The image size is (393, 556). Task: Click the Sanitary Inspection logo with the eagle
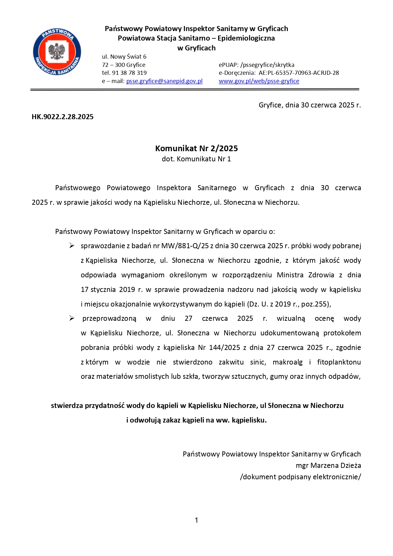coord(57,52)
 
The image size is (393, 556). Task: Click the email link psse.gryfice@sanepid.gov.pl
coord(164,81)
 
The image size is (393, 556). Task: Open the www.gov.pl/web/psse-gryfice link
coord(259,81)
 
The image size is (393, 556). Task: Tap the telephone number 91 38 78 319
coord(129,73)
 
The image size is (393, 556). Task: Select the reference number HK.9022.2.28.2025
coord(62,117)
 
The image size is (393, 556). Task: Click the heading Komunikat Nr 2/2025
coord(196,148)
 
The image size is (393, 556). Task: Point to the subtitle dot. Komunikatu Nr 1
coord(196,159)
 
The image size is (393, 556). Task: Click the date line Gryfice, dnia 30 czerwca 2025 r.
coord(309,105)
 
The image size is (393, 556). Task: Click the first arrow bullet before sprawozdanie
coord(72,246)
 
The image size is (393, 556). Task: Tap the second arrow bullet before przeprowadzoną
coord(72,318)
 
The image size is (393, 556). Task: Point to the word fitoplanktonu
coord(339,362)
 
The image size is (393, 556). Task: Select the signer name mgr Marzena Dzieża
coord(328,466)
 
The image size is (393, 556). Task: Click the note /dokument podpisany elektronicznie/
coord(300,477)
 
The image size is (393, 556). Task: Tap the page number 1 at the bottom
coord(196,520)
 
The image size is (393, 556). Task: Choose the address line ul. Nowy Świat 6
coord(124,57)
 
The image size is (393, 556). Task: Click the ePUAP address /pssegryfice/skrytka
coord(267,65)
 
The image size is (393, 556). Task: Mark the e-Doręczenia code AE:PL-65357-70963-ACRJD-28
coord(299,73)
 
